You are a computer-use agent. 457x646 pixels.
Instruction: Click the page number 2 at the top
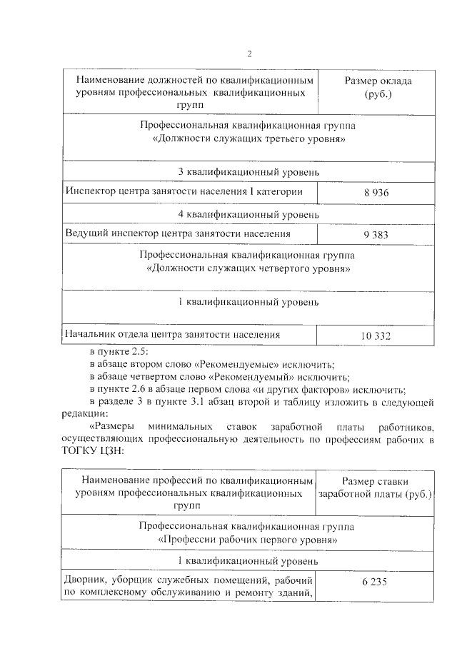click(x=249, y=54)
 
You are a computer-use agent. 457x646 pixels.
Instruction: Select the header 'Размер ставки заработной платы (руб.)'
click(x=376, y=489)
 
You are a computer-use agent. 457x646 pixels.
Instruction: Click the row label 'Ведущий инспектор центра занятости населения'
click(x=178, y=233)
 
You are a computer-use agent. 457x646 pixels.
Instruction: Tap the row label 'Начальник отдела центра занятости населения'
click(x=172, y=333)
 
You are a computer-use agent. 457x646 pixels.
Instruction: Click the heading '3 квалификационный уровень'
click(x=248, y=172)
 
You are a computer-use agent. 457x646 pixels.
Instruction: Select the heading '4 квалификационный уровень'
click(x=248, y=213)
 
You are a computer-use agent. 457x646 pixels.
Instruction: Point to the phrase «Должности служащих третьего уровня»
click(x=248, y=139)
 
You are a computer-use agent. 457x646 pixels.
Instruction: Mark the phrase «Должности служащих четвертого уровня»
click(x=248, y=269)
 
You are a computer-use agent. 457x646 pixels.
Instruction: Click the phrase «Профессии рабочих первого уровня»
click(x=248, y=540)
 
